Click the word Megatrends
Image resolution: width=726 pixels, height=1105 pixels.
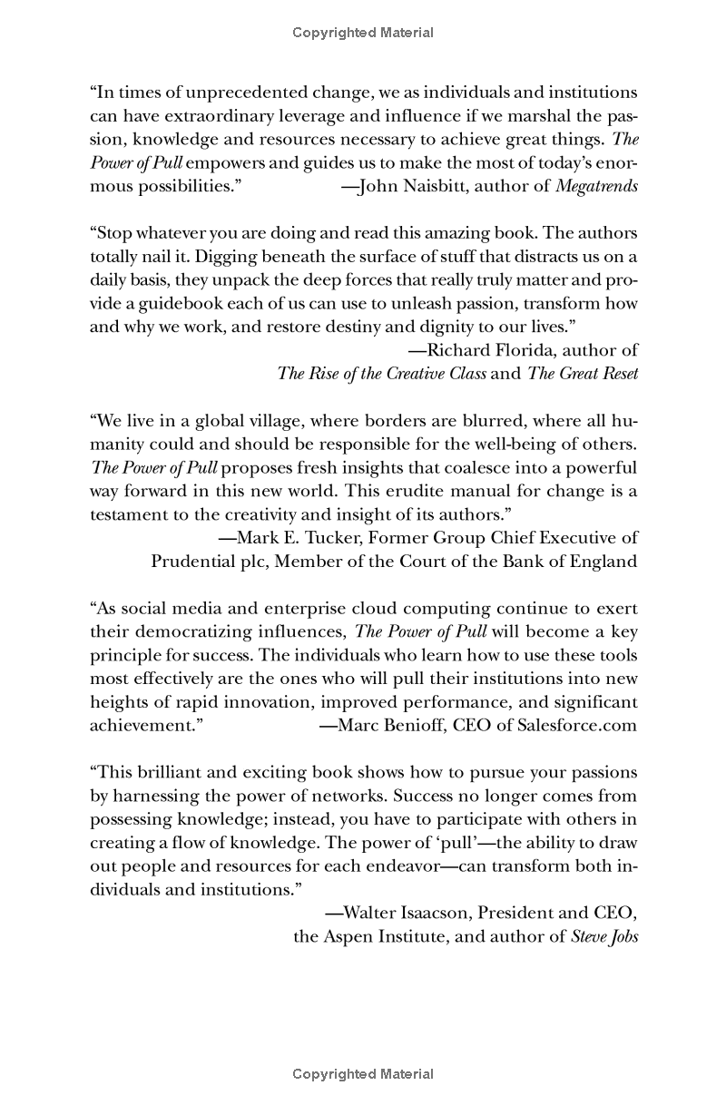click(x=596, y=187)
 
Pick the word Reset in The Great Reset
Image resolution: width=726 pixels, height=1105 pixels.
click(x=617, y=373)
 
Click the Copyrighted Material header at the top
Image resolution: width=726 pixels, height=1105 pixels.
click(x=363, y=33)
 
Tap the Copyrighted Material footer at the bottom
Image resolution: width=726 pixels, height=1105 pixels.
click(x=363, y=1074)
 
